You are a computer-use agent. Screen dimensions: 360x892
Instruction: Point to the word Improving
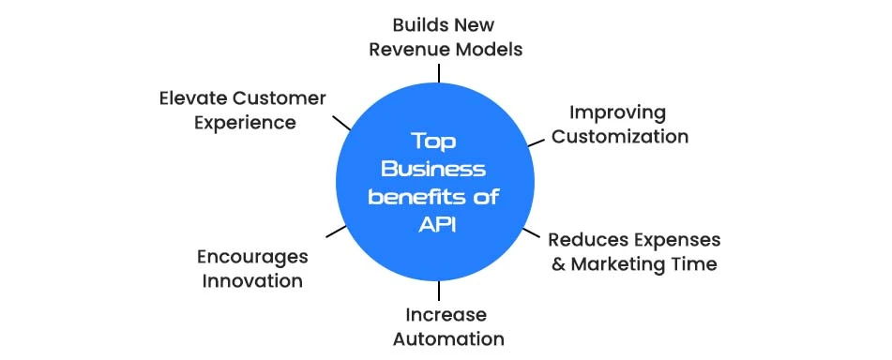618,112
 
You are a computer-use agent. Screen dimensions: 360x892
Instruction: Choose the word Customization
620,137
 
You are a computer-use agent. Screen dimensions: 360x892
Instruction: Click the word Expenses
673,239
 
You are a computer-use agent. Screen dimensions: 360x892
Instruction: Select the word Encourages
252,256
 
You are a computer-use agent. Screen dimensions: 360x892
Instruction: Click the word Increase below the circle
446,314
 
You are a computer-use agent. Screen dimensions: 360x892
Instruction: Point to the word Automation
448,338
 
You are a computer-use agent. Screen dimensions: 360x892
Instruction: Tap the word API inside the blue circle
434,225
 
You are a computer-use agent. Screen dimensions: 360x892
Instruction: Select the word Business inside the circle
435,169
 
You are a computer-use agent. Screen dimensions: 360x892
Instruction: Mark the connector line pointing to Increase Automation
438,291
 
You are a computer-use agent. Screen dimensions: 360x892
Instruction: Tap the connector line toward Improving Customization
536,142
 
